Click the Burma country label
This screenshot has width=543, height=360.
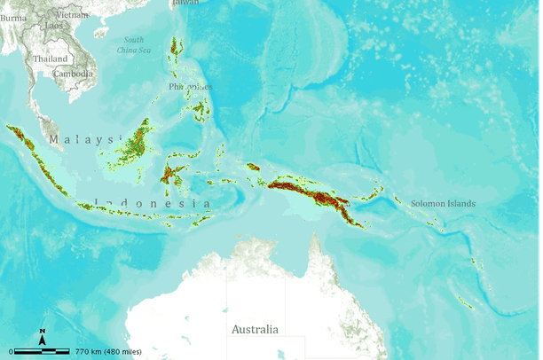coord(12,16)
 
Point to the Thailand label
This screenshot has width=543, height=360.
coord(50,59)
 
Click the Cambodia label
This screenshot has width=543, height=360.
coord(74,73)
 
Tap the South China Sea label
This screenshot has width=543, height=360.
coord(133,45)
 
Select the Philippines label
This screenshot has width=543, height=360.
coord(190,86)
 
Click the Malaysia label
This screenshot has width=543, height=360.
coord(83,140)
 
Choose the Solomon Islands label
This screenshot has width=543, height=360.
coord(441,204)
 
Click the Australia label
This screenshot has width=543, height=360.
coord(255,329)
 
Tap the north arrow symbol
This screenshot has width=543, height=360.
coord(42,338)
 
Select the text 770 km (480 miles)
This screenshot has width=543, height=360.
coord(107,352)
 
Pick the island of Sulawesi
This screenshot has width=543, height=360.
coord(175,173)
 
